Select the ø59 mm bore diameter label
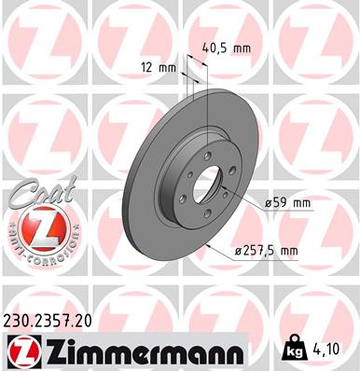pos(288,201)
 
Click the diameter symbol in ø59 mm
pos(267,201)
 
